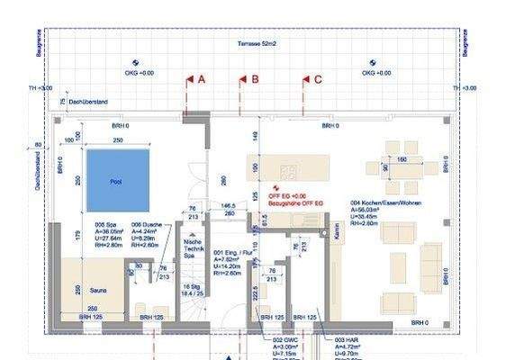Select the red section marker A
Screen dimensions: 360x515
tap(194, 79)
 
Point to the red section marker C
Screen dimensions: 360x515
tap(311, 79)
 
